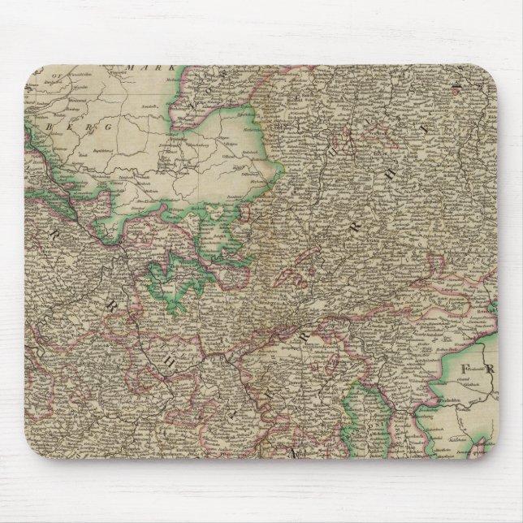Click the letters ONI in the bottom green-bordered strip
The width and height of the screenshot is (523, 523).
[357, 423]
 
